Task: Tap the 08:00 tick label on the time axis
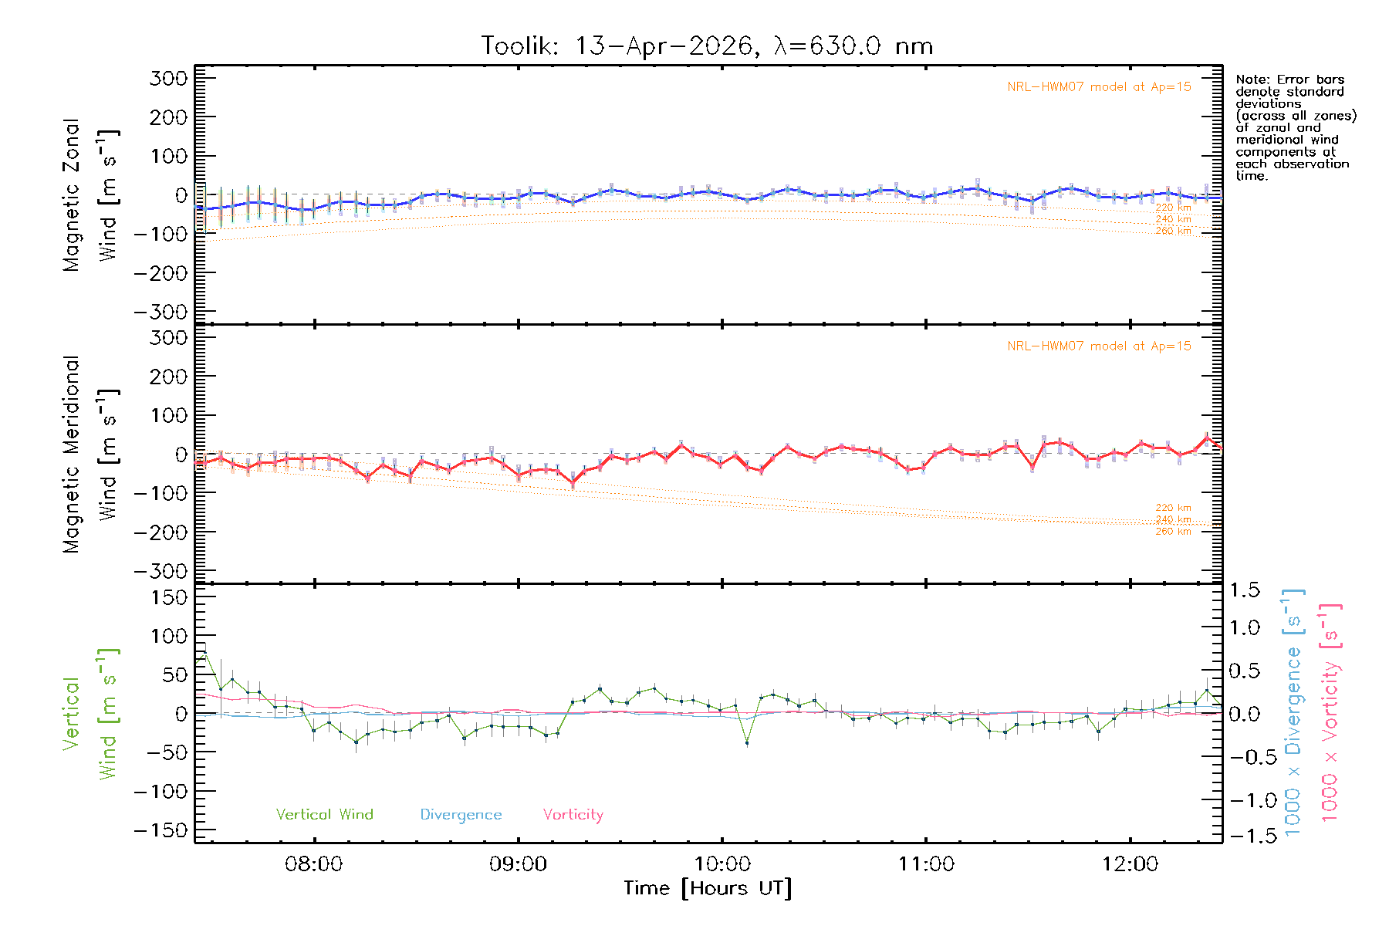[313, 864]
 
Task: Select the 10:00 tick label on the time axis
[722, 864]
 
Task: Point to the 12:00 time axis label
[1130, 864]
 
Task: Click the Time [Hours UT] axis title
[708, 888]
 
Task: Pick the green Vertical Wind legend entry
[324, 814]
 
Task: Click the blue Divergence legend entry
[461, 814]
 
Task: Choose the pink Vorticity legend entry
[573, 814]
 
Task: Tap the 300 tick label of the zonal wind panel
[169, 78]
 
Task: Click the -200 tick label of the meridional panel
[161, 532]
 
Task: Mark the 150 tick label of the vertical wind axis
[169, 597]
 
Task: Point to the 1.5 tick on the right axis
[1245, 590]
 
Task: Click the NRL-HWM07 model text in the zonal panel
[1099, 87]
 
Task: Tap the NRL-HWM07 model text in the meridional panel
[1099, 346]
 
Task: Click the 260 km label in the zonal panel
[1173, 231]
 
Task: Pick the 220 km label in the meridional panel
[1173, 508]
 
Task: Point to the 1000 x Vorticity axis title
[1330, 712]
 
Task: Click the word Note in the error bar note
[1251, 79]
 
